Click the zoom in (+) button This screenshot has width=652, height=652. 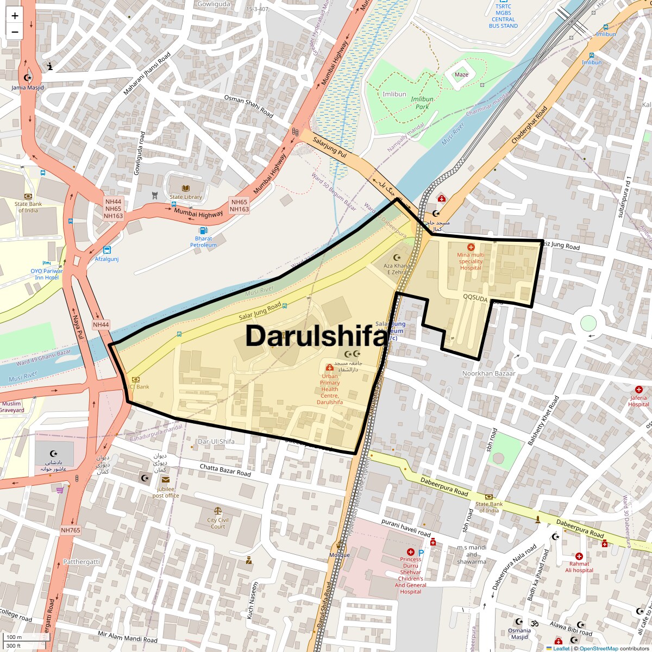pyautogui.click(x=15, y=16)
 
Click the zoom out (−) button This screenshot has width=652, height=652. pyautogui.click(x=15, y=32)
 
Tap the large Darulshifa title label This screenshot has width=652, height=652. pyautogui.click(x=317, y=336)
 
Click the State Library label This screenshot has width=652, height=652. pyautogui.click(x=185, y=197)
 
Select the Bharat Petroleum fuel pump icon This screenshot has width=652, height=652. pyautogui.click(x=203, y=230)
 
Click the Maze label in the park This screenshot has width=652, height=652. pyautogui.click(x=461, y=75)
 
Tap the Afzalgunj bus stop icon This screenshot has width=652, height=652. pyautogui.click(x=107, y=250)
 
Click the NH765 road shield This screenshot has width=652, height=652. pyautogui.click(x=71, y=530)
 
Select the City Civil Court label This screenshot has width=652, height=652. pyautogui.click(x=218, y=523)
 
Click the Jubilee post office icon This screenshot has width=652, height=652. pyautogui.click(x=165, y=479)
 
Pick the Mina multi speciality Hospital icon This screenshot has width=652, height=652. pyautogui.click(x=471, y=247)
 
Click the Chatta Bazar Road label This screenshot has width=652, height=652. pyautogui.click(x=225, y=470)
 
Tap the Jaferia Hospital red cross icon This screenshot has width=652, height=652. pyautogui.click(x=639, y=390)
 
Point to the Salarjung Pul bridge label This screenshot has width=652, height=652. pyautogui.click(x=330, y=147)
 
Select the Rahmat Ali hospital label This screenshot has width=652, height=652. pyautogui.click(x=579, y=567)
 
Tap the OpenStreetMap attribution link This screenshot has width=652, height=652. pyautogui.click(x=598, y=648)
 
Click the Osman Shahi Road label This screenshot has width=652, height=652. pyautogui.click(x=248, y=106)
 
